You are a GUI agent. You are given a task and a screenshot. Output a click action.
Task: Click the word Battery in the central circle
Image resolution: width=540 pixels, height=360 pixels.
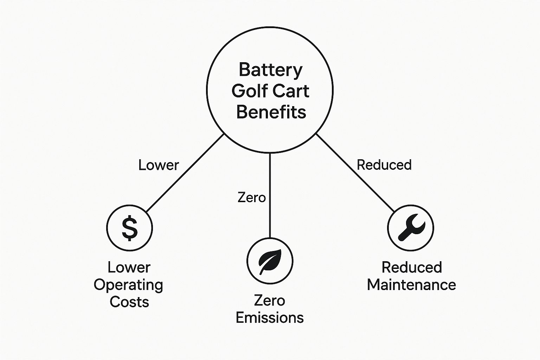pos(270,70)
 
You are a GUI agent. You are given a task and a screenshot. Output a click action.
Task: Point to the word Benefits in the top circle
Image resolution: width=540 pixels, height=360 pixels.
pos(271,112)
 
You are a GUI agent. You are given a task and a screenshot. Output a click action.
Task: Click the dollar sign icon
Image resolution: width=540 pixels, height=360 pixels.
pos(129,228)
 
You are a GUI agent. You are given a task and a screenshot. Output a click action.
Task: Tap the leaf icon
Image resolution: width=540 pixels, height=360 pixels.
pos(270,261)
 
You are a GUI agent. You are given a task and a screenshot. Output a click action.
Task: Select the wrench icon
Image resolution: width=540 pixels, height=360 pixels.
pos(411,227)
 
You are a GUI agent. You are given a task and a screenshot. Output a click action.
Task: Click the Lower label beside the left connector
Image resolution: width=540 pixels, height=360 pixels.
pos(159,165)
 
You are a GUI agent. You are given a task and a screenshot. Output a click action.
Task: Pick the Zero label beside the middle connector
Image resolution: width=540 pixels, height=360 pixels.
pos(251,197)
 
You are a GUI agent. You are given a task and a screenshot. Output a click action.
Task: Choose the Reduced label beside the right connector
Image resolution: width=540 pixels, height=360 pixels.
pos(384,165)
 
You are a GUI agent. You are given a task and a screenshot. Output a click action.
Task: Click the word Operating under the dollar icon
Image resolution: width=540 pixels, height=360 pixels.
pos(128,285)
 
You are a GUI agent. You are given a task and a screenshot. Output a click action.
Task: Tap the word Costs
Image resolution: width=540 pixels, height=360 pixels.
pos(129,302)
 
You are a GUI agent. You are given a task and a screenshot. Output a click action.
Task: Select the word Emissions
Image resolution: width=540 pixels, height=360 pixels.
pos(270,317)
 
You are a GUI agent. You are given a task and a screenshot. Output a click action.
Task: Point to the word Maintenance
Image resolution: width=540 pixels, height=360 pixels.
pos(411,285)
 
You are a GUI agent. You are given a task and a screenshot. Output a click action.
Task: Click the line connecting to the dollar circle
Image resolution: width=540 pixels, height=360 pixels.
pos(185,173)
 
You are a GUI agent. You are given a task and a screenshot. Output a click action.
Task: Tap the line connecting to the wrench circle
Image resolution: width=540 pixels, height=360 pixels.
pos(355,173)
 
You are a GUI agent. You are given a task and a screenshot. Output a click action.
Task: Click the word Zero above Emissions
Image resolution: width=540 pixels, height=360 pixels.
pos(269,301)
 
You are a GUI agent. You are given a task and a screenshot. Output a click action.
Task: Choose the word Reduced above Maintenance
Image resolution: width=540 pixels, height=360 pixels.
pos(411,268)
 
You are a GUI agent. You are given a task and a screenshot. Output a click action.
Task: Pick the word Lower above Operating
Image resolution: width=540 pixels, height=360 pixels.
pos(129,268)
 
